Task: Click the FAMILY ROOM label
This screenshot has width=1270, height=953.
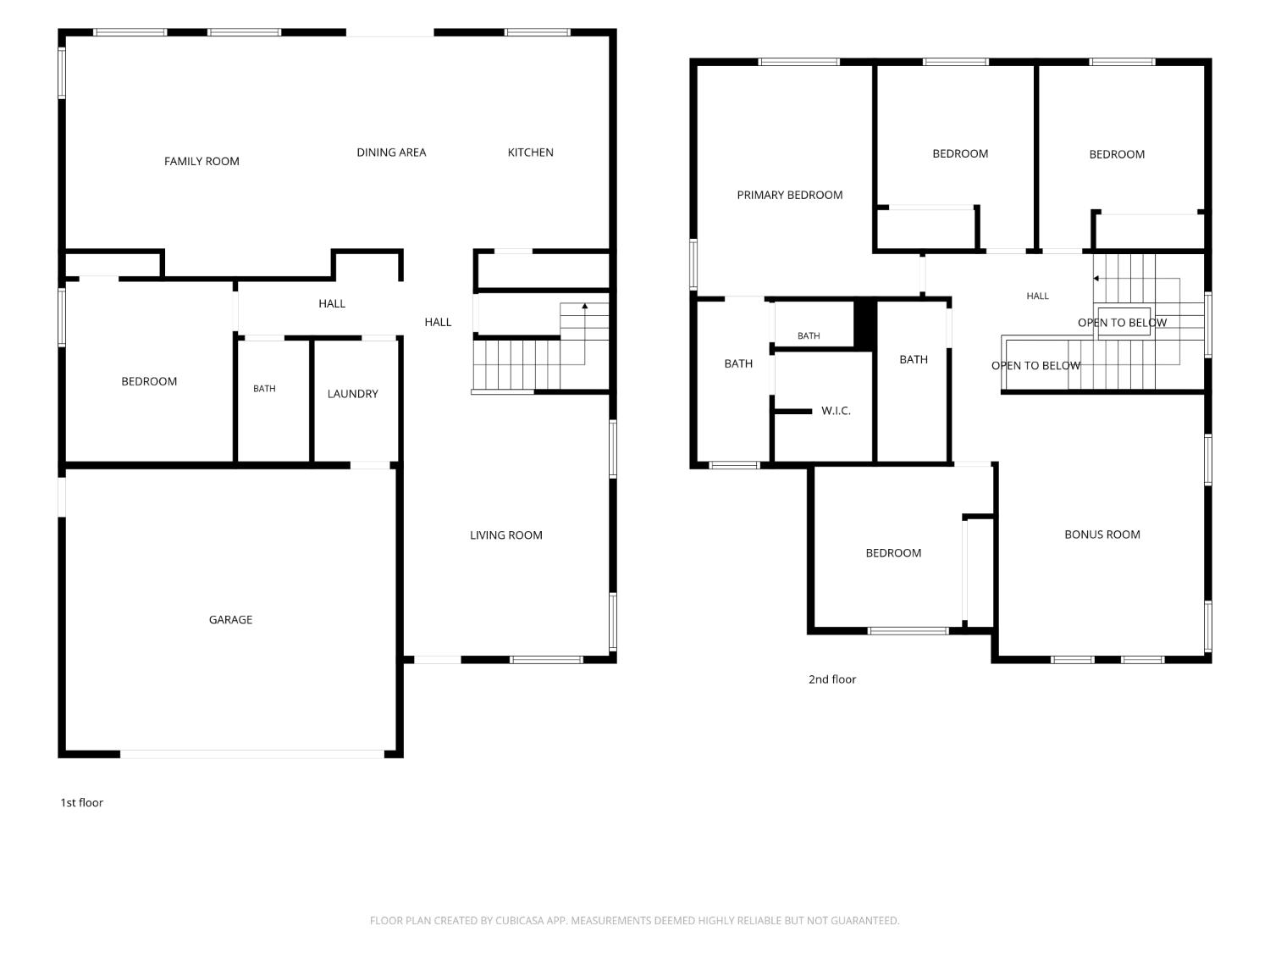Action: [x=202, y=162]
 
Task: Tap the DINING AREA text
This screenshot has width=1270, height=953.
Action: [x=391, y=152]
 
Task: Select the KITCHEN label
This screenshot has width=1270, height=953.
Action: [x=530, y=152]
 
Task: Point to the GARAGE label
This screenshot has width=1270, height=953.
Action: [x=230, y=620]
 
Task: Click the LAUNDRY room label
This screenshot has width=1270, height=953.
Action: [x=352, y=393]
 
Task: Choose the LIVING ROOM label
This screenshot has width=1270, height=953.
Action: [x=505, y=535]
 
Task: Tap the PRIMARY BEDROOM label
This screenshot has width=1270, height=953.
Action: [x=789, y=195]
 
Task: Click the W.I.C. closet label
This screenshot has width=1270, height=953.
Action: [x=836, y=411]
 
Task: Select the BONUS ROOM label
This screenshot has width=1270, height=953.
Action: [x=1102, y=535]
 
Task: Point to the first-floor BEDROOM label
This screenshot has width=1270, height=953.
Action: [x=149, y=381]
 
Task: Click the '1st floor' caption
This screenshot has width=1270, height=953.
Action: [x=81, y=802]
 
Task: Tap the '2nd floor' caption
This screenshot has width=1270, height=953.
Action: [x=831, y=679]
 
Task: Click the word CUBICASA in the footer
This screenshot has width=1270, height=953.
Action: [x=519, y=921]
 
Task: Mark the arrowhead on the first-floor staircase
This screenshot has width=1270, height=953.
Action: [x=585, y=306]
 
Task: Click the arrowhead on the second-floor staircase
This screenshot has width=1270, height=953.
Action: [x=1096, y=279]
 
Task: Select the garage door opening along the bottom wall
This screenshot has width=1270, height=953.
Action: [x=251, y=754]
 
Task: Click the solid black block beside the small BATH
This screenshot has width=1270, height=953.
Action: [x=864, y=324]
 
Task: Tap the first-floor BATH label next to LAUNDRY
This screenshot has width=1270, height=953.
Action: [x=264, y=389]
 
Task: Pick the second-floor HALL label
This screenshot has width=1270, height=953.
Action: [x=1037, y=296]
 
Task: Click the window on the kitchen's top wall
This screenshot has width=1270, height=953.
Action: [x=538, y=32]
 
